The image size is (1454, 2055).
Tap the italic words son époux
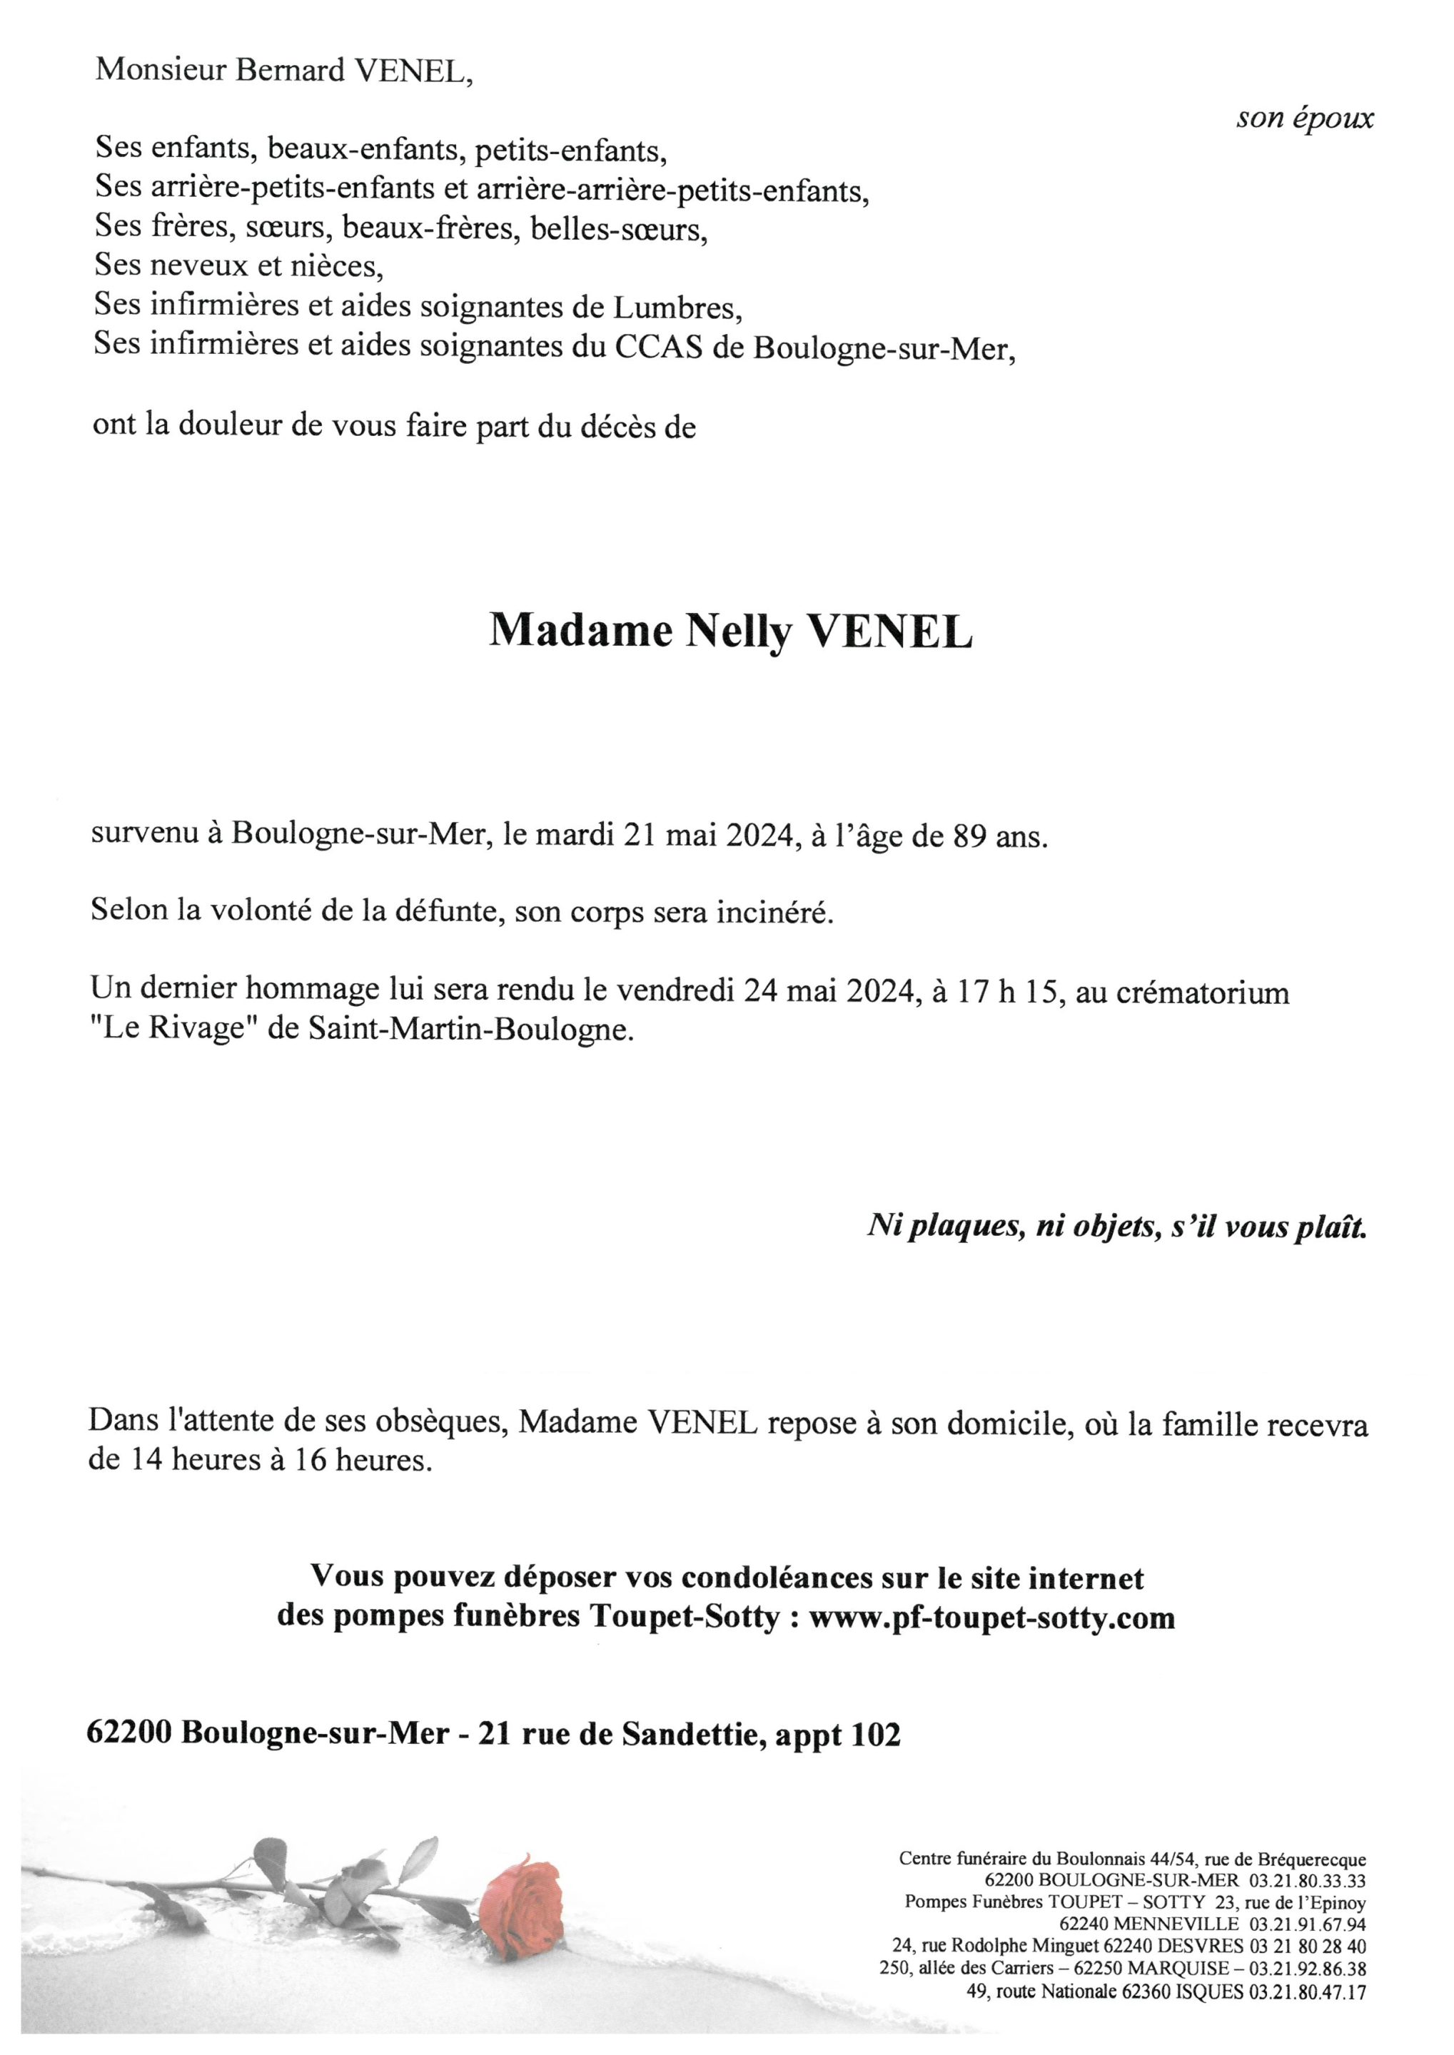[1305, 119]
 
